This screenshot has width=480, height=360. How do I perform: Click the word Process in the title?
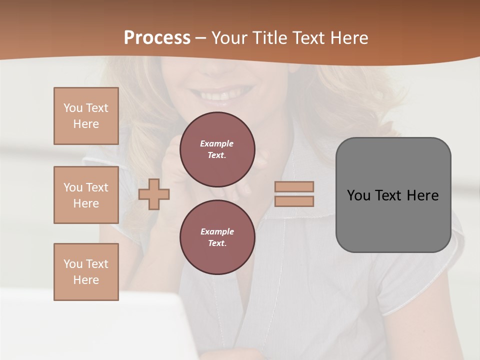click(x=157, y=38)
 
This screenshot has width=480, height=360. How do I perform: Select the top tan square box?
click(x=86, y=116)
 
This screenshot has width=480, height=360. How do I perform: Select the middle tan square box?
click(x=86, y=195)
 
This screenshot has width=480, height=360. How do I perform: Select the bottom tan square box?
click(x=86, y=272)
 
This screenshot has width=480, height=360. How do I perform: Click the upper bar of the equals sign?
click(x=294, y=186)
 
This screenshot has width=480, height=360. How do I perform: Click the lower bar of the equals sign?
click(x=294, y=201)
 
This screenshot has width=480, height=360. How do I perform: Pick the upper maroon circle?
click(x=217, y=149)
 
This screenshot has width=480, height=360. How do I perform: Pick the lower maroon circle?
click(x=217, y=237)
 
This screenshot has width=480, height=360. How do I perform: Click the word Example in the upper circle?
click(x=216, y=143)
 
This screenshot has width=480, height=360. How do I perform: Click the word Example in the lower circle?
click(x=217, y=231)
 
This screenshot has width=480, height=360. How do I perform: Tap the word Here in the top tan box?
click(x=86, y=124)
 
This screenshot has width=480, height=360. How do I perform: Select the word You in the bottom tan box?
click(x=73, y=264)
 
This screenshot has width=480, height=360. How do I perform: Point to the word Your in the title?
click(x=229, y=38)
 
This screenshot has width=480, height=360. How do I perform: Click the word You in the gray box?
click(x=358, y=195)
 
